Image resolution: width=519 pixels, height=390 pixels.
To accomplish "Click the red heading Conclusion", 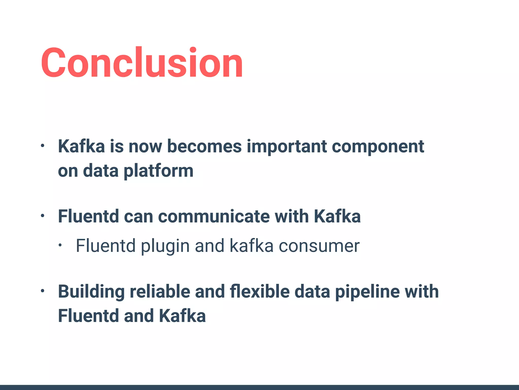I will pyautogui.click(x=142, y=63).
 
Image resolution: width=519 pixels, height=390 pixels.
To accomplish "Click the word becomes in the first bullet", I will pyautogui.click(x=205, y=147).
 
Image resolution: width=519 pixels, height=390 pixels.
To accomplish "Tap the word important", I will pyautogui.click(x=287, y=147).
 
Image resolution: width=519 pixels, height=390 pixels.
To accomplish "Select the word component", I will pyautogui.click(x=378, y=147).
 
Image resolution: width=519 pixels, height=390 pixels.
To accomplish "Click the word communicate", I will pyautogui.click(x=214, y=217).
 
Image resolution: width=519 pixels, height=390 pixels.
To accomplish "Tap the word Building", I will pyautogui.click(x=91, y=292).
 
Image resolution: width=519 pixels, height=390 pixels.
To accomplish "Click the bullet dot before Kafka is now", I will pyautogui.click(x=43, y=146).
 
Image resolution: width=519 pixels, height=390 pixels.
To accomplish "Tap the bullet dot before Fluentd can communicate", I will pyautogui.click(x=43, y=216).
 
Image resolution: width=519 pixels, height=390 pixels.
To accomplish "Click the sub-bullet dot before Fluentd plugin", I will pyautogui.click(x=60, y=246).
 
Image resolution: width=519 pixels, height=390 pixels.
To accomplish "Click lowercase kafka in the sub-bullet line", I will pyautogui.click(x=251, y=246).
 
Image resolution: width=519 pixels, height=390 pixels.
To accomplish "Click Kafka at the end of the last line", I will pyautogui.click(x=182, y=316).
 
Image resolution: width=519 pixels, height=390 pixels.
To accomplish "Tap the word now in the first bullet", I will pyautogui.click(x=145, y=147).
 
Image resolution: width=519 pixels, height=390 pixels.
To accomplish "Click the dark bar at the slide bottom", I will pyautogui.click(x=259, y=387).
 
